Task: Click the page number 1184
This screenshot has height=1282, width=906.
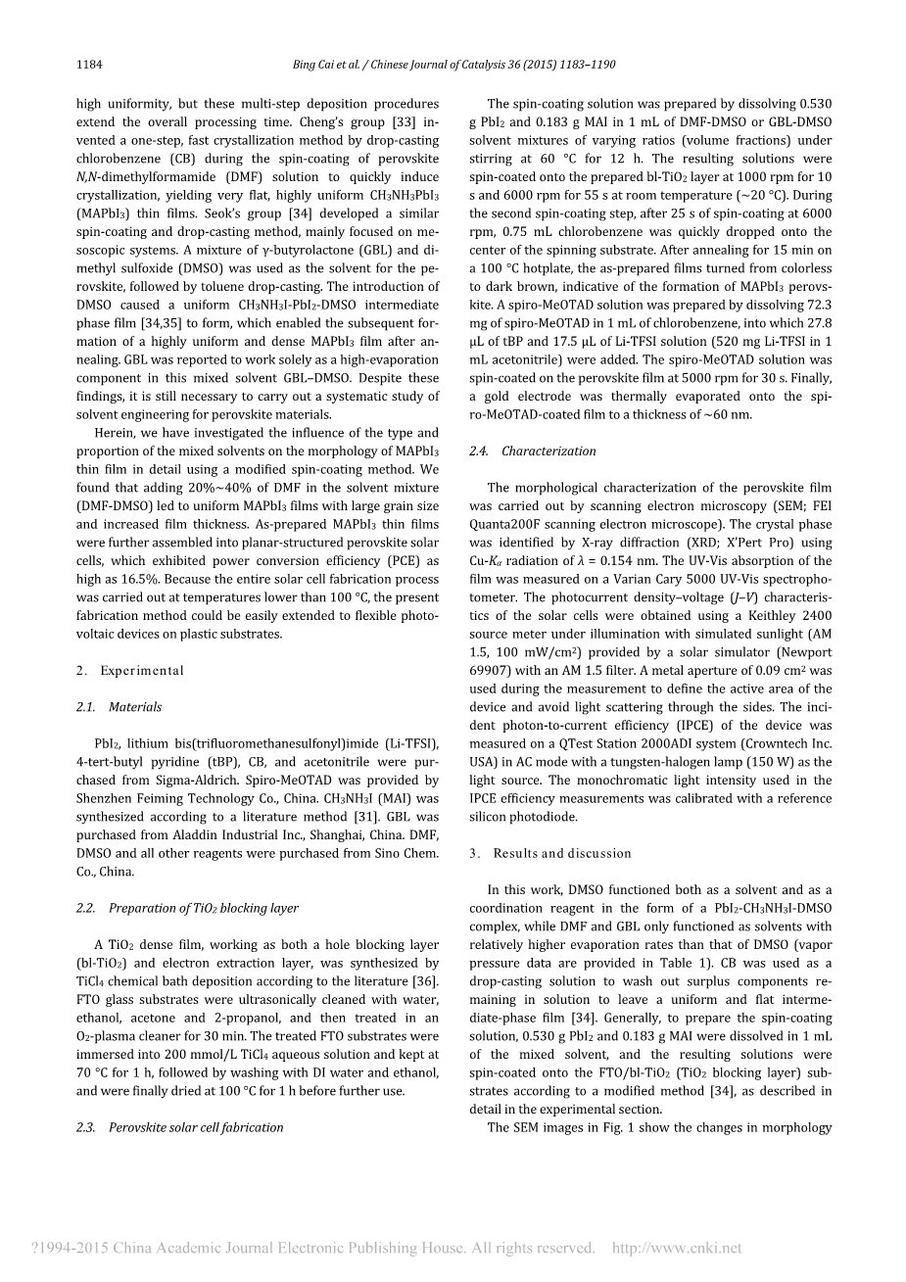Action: click(89, 65)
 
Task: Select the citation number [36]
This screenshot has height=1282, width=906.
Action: click(424, 981)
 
